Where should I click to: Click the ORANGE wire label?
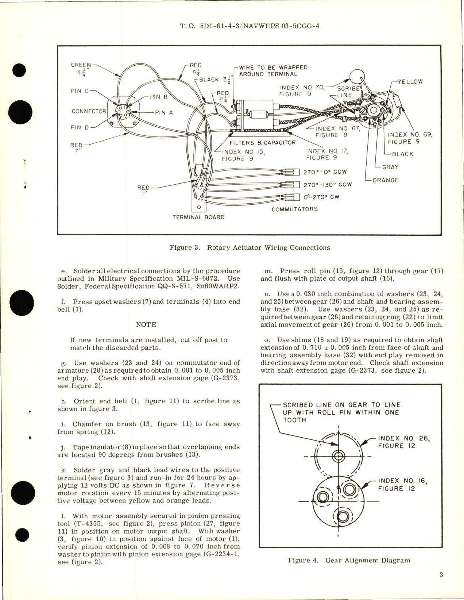click(386, 180)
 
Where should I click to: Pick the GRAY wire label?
click(390, 167)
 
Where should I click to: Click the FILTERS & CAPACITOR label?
click(263, 143)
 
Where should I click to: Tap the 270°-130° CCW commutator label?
click(328, 185)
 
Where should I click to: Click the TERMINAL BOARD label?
click(198, 217)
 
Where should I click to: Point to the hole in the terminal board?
click(199, 207)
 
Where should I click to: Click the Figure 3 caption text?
click(250, 248)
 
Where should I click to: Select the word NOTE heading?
click(146, 324)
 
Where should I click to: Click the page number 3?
click(441, 575)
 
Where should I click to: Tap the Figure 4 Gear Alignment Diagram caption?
click(349, 560)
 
